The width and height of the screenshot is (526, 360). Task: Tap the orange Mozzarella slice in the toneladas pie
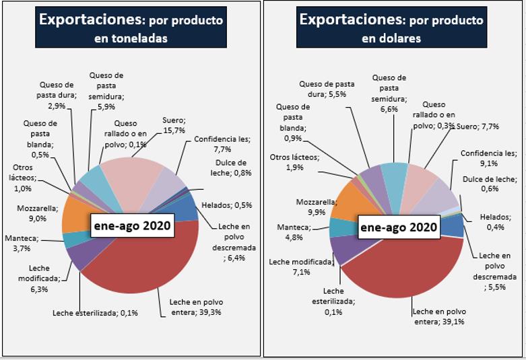pos(75,214)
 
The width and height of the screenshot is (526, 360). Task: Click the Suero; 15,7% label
pos(174,124)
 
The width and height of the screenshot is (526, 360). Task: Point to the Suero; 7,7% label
pos(479,126)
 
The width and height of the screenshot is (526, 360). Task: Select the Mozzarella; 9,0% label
pos(32,213)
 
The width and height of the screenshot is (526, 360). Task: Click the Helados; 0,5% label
pos(225,205)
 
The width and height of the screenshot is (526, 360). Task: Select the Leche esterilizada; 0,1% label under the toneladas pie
pos(96,312)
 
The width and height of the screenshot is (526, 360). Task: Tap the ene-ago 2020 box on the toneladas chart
pos(132,227)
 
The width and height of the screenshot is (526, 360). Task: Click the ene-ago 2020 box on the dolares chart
pos(398,227)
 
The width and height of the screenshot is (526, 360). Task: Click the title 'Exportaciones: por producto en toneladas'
pos(131,28)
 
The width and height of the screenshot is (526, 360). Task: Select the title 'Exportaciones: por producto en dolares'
pos(391,28)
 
